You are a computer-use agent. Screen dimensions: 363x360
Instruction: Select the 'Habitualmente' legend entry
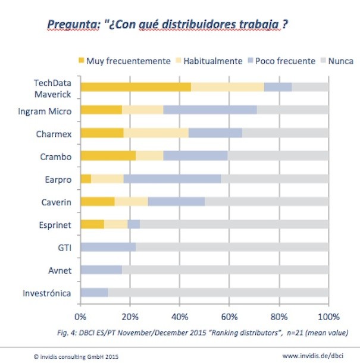point(209,61)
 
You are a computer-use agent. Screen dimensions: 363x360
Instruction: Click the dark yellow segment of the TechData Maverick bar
point(136,87)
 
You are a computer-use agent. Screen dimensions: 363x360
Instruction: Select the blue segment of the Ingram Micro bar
point(210,109)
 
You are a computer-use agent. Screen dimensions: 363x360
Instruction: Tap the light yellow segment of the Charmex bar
point(156,133)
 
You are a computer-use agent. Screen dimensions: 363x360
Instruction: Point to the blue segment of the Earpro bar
point(172,179)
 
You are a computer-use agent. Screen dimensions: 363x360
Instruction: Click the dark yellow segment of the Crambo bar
point(108,156)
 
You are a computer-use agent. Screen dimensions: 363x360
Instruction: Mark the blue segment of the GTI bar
point(108,247)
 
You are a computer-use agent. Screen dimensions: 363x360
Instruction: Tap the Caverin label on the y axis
point(57,202)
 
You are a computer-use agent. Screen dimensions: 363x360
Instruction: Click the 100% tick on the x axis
point(328,315)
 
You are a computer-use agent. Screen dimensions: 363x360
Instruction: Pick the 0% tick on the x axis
point(80,315)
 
